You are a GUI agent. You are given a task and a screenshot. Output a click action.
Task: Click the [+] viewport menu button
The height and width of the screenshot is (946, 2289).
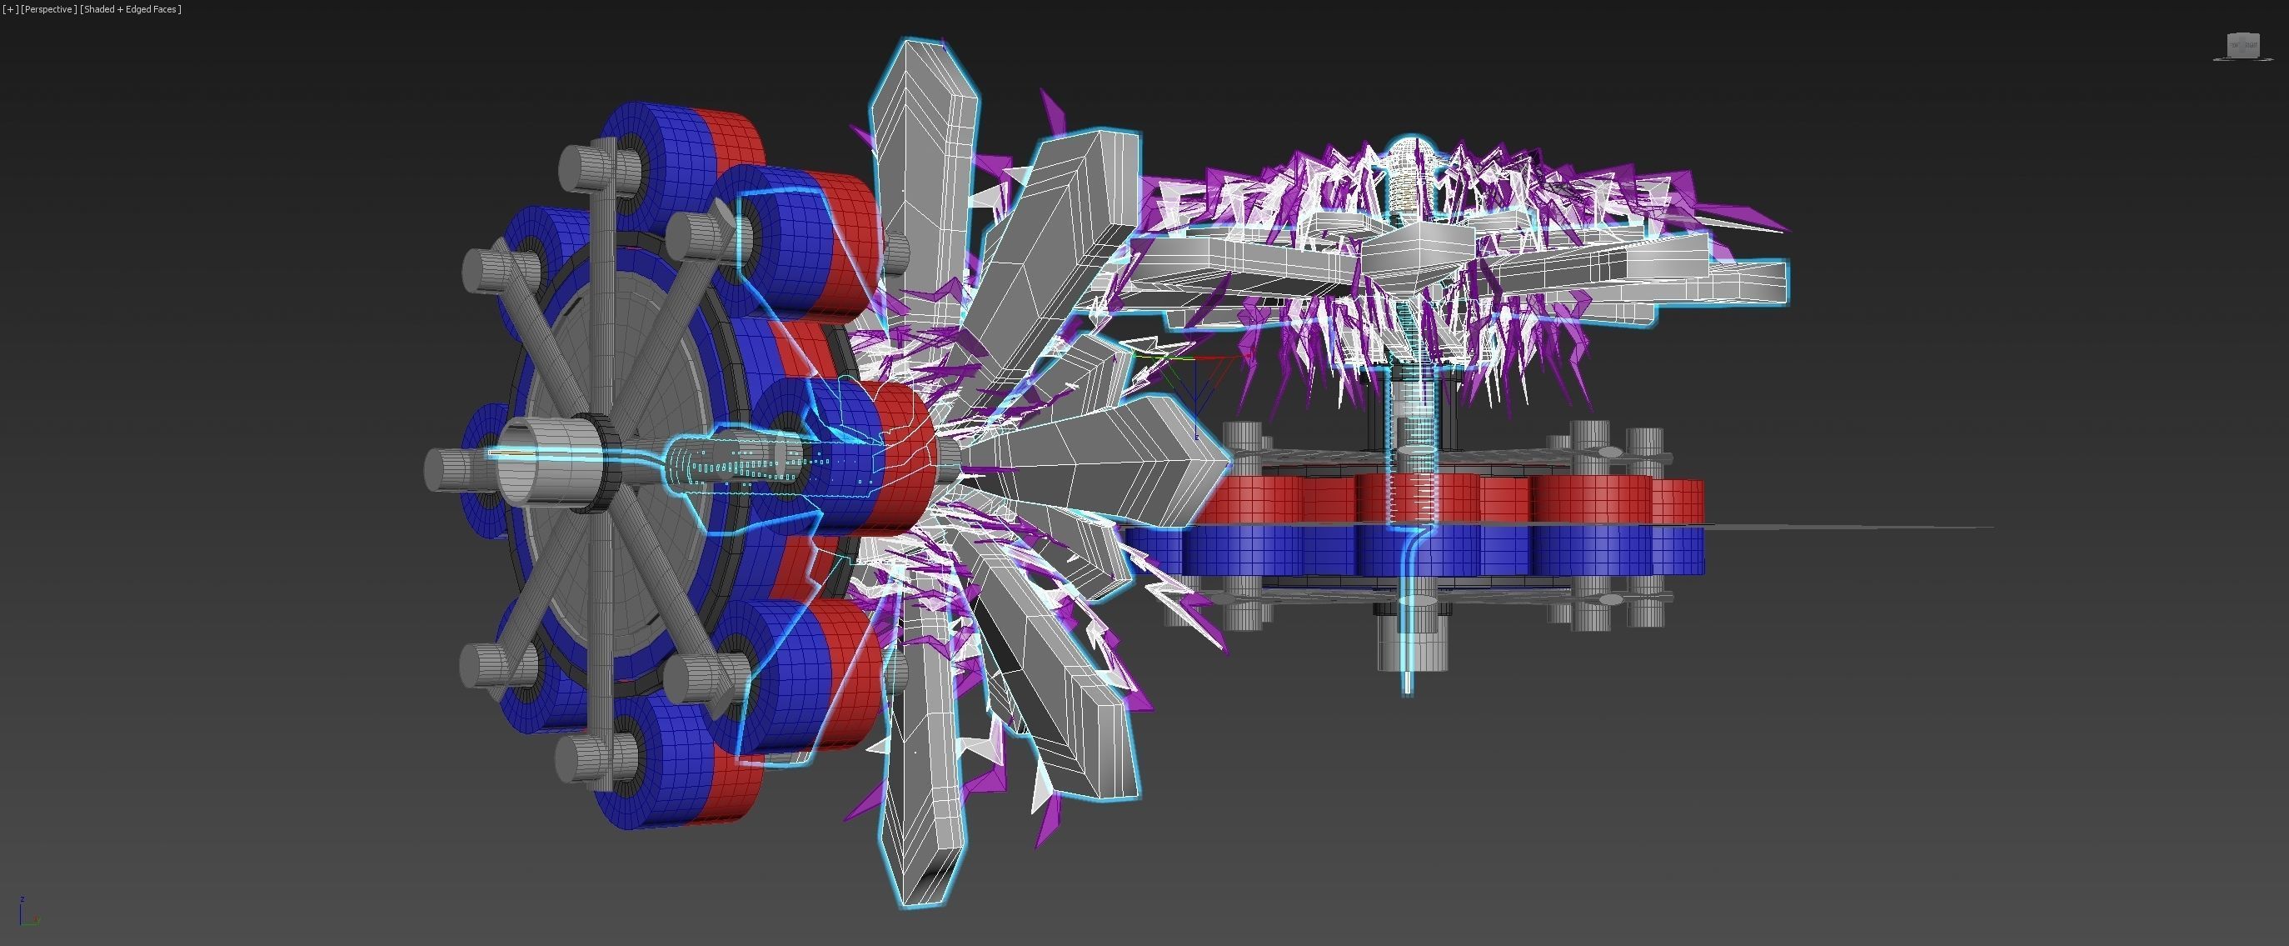click(x=10, y=9)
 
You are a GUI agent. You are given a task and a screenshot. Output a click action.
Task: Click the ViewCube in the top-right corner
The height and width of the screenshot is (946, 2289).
click(x=2242, y=45)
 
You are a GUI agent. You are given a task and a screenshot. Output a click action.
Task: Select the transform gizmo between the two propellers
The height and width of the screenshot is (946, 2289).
click(x=1194, y=373)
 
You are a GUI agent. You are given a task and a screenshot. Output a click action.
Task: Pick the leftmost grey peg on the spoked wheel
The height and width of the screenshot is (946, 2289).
click(x=444, y=469)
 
